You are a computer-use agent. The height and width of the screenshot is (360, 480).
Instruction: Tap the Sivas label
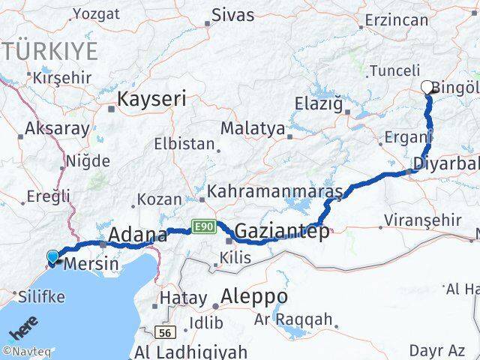[232, 14]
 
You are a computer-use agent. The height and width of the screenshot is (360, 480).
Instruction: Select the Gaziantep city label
[281, 232]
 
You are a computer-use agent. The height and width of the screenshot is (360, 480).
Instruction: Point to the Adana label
[137, 235]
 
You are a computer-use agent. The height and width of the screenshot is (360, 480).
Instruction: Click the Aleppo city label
[254, 295]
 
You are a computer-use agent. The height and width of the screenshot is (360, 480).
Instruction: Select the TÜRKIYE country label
[49, 51]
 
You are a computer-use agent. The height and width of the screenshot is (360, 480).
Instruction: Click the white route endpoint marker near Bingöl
[427, 87]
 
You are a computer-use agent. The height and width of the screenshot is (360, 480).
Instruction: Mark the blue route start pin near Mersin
[52, 257]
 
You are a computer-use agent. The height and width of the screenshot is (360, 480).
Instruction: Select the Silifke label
[39, 296]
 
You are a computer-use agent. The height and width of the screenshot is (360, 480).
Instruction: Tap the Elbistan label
[184, 143]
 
